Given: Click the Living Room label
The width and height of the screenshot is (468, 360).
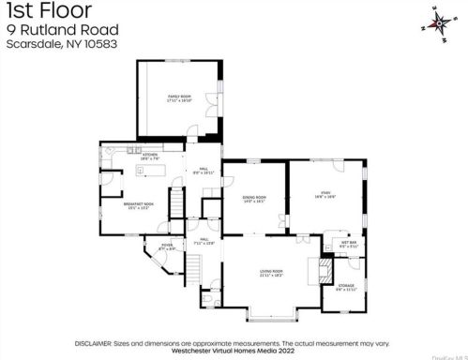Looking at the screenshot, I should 271,273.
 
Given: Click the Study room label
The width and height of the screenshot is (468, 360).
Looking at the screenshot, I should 325,194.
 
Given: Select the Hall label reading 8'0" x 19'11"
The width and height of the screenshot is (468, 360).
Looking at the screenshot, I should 204,172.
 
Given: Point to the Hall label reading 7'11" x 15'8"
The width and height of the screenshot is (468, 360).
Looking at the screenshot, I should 204,242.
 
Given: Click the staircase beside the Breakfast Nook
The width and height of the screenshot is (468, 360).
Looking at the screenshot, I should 175,202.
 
